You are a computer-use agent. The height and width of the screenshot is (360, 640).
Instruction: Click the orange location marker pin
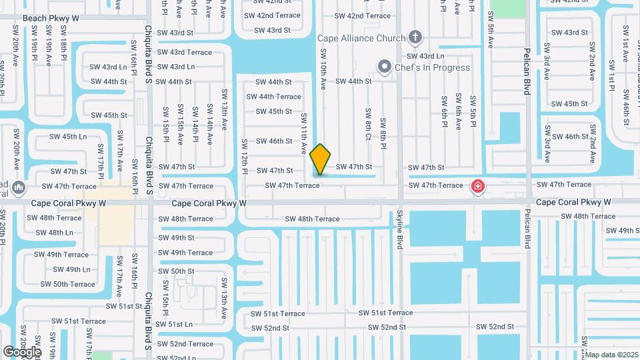320,159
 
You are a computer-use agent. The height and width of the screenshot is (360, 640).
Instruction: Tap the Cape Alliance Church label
361,38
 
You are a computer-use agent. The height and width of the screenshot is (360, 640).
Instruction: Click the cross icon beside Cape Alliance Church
415,37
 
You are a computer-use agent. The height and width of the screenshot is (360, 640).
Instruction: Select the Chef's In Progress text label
433,67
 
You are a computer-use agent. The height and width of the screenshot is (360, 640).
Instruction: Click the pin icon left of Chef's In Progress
384,67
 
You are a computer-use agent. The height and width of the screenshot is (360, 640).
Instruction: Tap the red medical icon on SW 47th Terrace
477,186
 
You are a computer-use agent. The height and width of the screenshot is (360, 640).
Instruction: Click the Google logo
22,351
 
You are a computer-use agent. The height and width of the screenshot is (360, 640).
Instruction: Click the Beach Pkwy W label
51,19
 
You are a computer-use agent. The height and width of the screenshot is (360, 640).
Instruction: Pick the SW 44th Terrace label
273,97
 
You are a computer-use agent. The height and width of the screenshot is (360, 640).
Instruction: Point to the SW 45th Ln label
69,137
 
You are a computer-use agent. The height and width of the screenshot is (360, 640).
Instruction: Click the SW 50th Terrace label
68,284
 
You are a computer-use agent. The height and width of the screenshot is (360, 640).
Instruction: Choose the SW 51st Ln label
174,324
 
